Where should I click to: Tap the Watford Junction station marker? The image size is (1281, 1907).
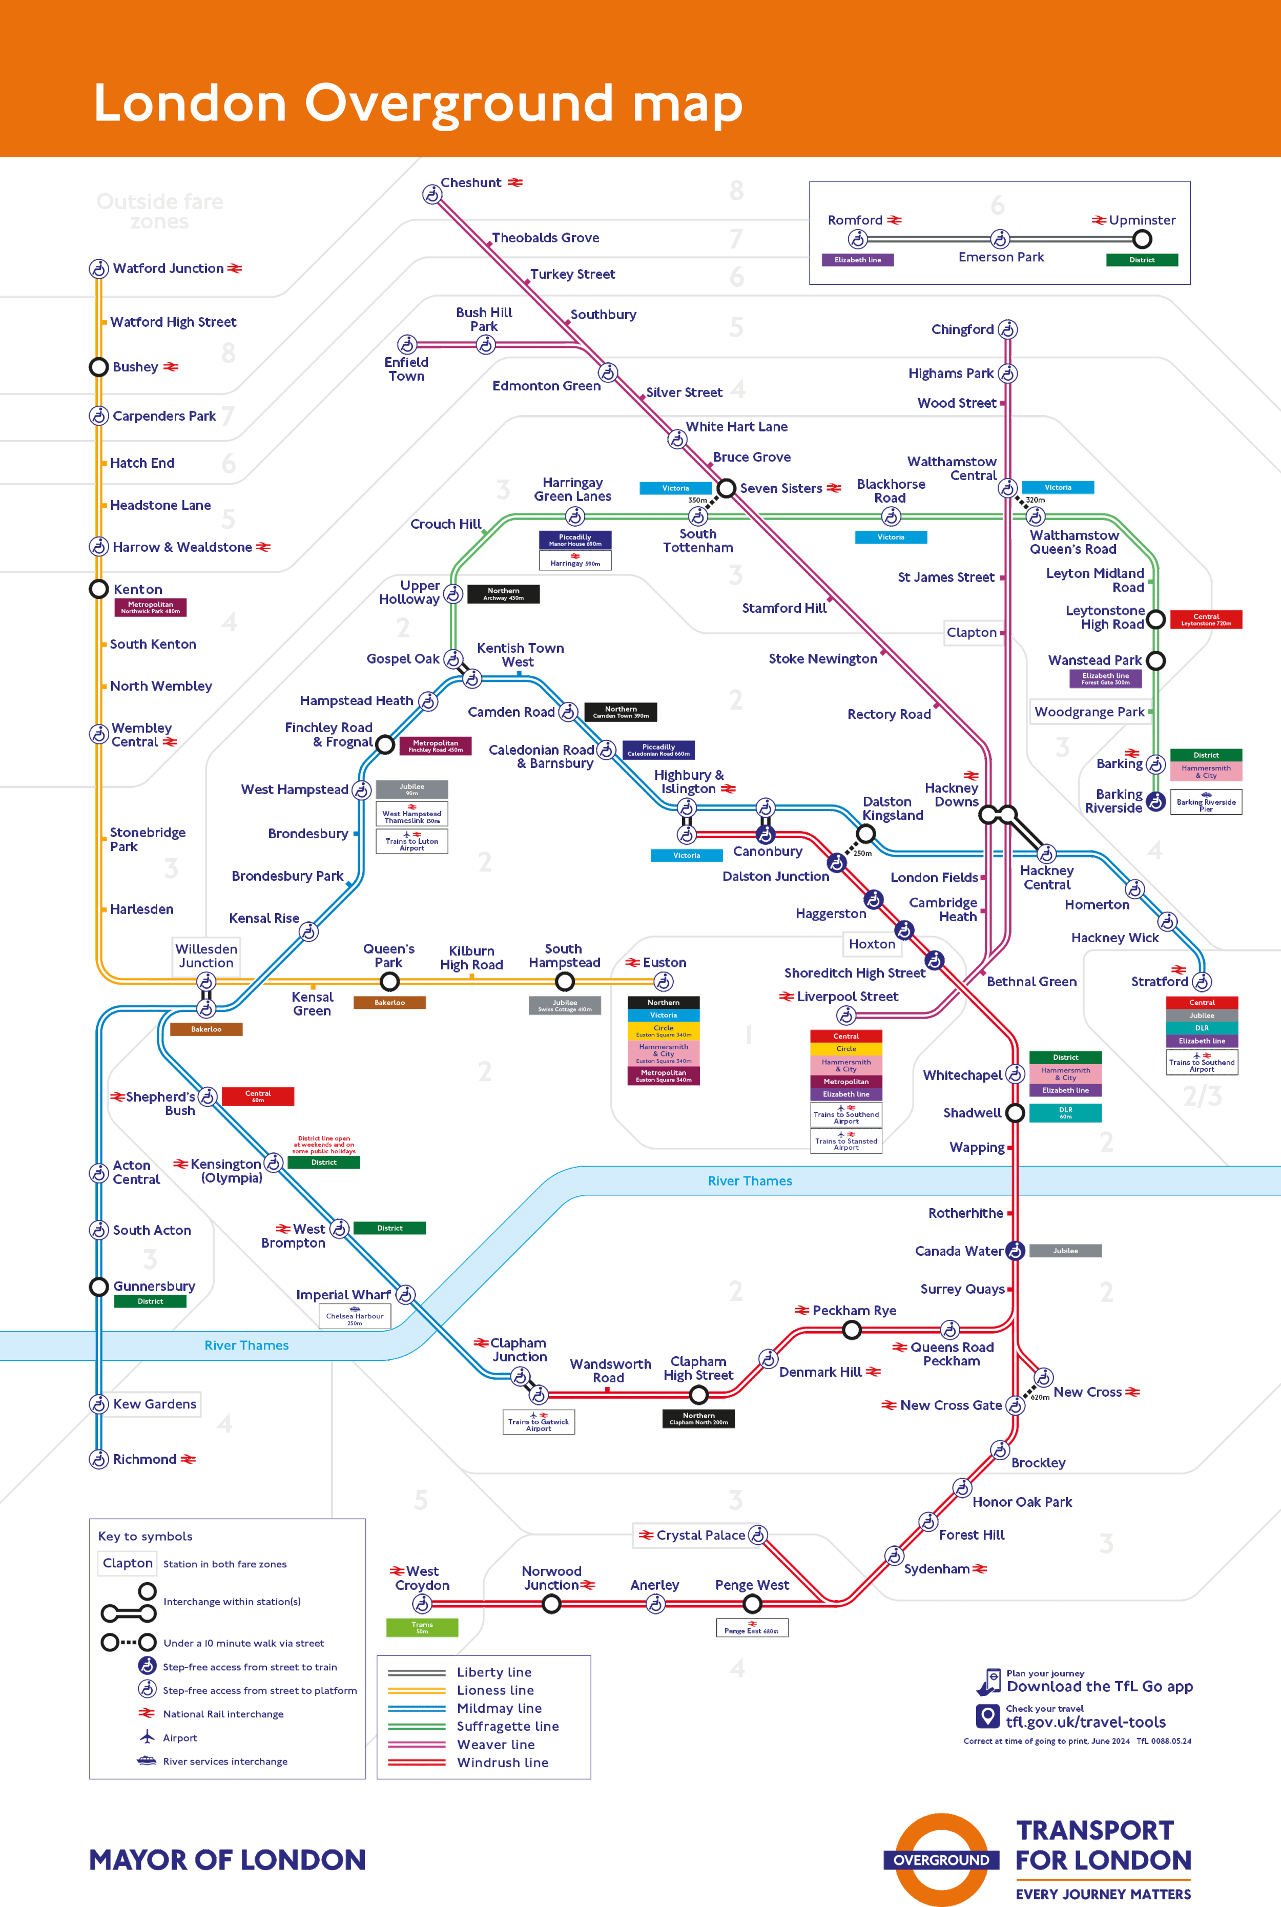(x=99, y=268)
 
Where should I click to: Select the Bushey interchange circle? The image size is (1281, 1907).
(x=99, y=367)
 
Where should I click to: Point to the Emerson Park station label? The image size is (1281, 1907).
(x=1001, y=257)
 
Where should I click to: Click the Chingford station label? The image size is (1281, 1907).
(x=962, y=329)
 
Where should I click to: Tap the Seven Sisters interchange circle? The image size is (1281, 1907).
(x=726, y=488)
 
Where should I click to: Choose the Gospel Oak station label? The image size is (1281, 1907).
(x=402, y=658)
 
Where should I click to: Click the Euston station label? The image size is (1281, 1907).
(x=664, y=963)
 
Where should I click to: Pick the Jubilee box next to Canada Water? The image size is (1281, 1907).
(x=1065, y=1250)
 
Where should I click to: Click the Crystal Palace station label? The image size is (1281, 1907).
(x=700, y=1536)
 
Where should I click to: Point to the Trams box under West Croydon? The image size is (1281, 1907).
(x=422, y=1627)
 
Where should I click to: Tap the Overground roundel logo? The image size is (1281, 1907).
(x=941, y=1860)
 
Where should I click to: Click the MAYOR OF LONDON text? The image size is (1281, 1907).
(x=227, y=1860)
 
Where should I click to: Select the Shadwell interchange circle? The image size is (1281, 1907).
(x=1015, y=1112)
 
